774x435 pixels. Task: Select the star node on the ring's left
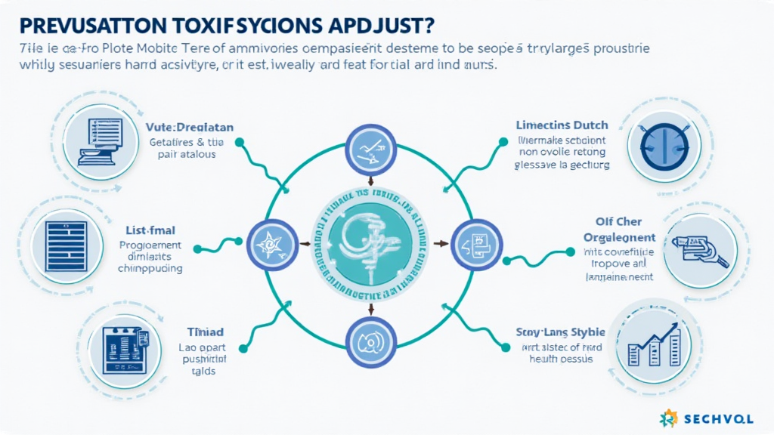coord(271,244)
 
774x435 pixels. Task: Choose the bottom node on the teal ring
coord(370,341)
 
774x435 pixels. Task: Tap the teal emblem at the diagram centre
coord(370,243)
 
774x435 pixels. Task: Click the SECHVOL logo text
coord(729,418)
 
